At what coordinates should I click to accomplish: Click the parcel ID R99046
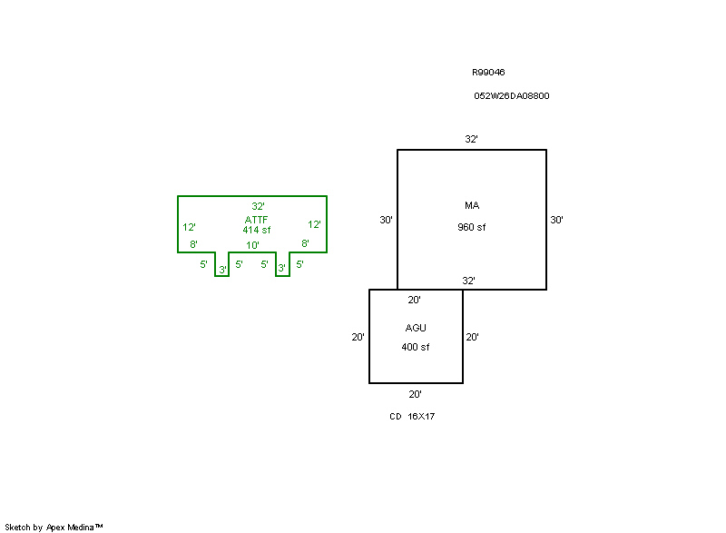tap(488, 73)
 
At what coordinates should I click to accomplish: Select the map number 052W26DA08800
tap(512, 96)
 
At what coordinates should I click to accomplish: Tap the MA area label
tap(472, 205)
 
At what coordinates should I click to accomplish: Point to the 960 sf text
tap(471, 227)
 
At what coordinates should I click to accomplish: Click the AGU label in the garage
tap(416, 328)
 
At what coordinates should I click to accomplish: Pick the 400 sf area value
tap(416, 347)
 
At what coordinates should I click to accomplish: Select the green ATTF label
tap(256, 220)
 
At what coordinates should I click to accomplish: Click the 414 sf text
tap(257, 230)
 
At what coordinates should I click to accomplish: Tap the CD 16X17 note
tap(412, 416)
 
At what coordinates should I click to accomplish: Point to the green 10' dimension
tap(252, 245)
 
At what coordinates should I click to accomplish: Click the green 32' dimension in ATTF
tap(258, 206)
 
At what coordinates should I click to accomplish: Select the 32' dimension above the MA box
tap(471, 139)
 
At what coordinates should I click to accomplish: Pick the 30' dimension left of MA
tap(387, 220)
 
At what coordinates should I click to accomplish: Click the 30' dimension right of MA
tap(556, 220)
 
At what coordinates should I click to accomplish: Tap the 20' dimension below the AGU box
tap(415, 394)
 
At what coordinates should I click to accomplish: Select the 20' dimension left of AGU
tap(358, 337)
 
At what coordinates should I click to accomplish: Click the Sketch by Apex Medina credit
tap(54, 528)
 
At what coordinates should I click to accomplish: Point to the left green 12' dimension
tap(189, 227)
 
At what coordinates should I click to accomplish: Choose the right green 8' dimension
tap(305, 243)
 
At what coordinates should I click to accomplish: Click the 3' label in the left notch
tap(222, 270)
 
